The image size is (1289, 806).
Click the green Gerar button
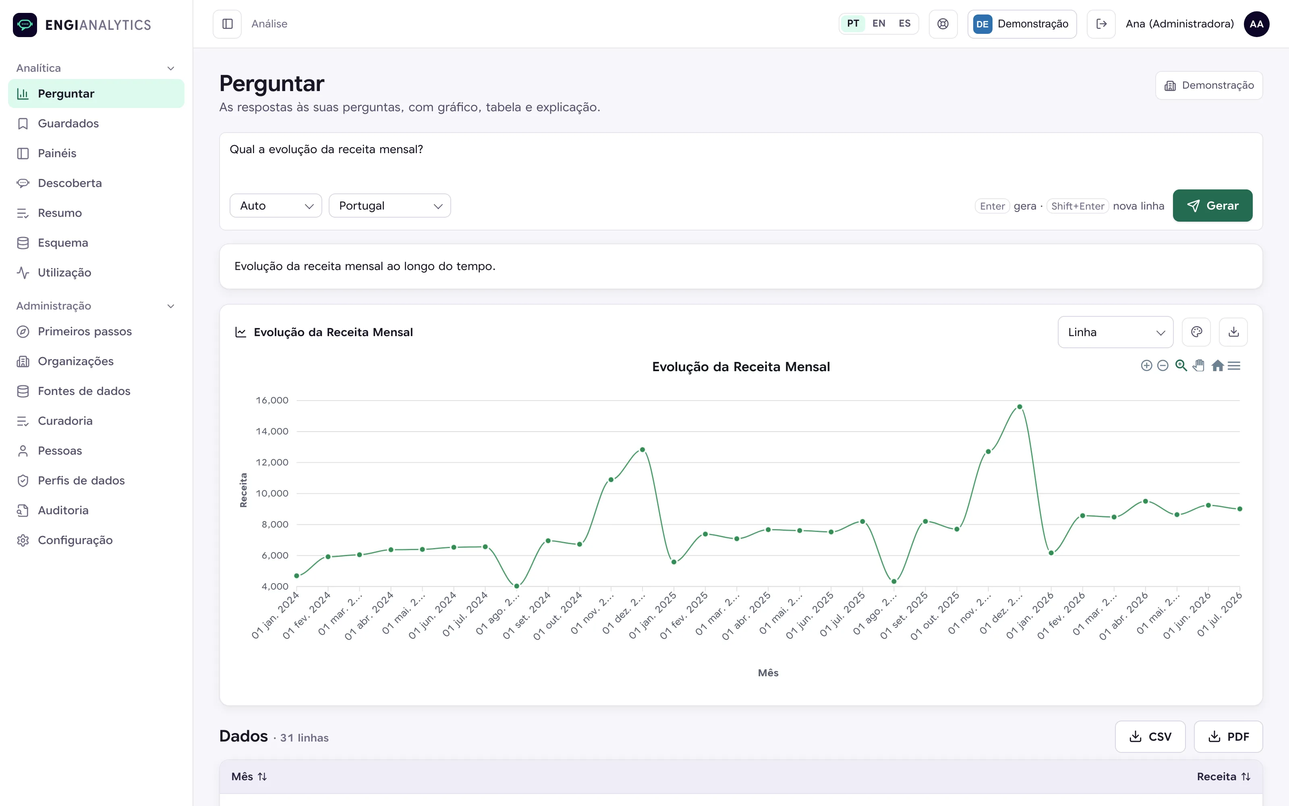click(1212, 206)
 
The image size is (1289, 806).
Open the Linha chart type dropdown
click(1115, 332)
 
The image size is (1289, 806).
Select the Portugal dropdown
click(390, 206)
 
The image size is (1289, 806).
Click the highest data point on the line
click(1020, 407)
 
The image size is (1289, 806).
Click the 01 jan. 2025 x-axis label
click(653, 615)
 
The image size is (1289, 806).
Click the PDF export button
click(1228, 737)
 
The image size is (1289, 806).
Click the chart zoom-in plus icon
click(1147, 366)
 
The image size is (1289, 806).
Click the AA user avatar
click(1256, 24)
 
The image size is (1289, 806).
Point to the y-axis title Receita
click(243, 490)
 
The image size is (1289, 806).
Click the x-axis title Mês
click(768, 673)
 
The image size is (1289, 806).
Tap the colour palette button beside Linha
click(1196, 332)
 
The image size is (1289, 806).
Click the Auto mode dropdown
click(276, 206)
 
